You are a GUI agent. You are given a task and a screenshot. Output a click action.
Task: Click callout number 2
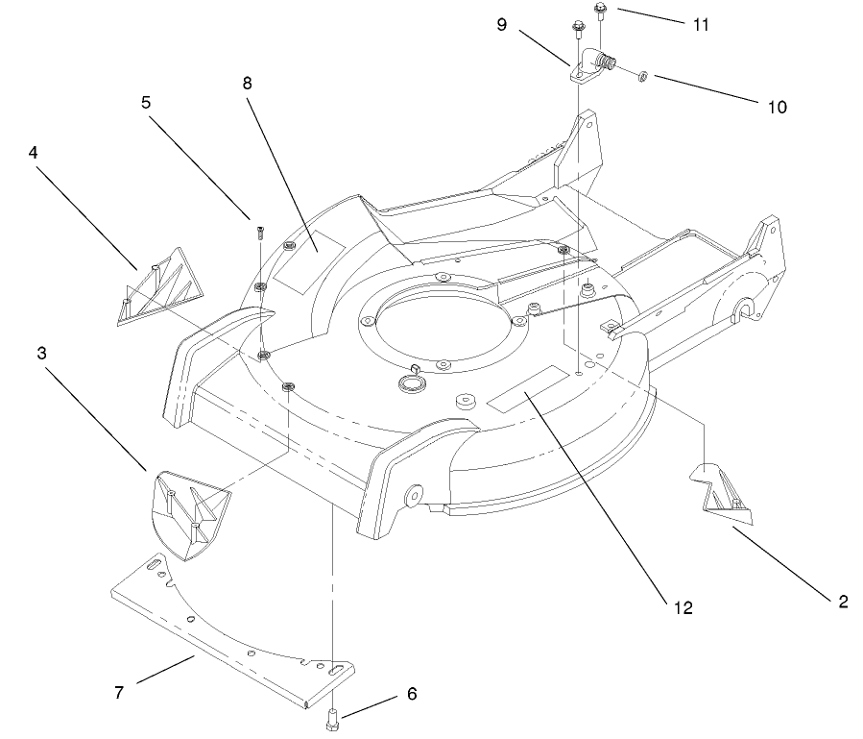click(x=843, y=603)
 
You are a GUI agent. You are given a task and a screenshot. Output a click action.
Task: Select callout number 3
click(x=41, y=353)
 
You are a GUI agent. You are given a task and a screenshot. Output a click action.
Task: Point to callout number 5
click(x=146, y=101)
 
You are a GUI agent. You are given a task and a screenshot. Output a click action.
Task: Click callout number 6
click(x=412, y=693)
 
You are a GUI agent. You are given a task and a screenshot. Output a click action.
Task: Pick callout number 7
click(x=119, y=693)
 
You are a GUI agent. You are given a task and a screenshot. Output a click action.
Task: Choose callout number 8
click(x=247, y=83)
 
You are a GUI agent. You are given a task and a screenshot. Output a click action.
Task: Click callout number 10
click(x=777, y=107)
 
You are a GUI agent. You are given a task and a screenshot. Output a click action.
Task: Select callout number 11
click(x=702, y=24)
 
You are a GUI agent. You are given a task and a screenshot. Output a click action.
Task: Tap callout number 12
click(x=683, y=607)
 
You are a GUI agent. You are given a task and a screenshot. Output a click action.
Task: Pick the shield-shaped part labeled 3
click(x=190, y=509)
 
